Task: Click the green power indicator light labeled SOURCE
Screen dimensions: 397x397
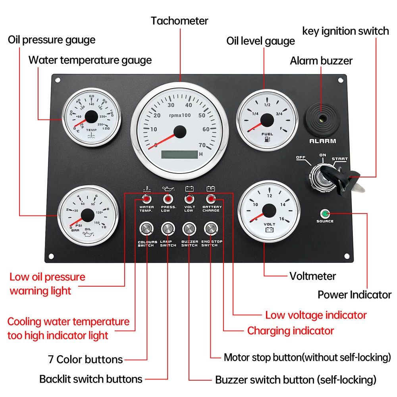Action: (326, 214)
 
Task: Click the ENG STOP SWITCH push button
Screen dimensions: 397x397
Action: (210, 229)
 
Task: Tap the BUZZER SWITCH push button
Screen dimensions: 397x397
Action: (189, 229)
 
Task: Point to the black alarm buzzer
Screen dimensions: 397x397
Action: (322, 118)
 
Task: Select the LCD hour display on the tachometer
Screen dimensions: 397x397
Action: (179, 155)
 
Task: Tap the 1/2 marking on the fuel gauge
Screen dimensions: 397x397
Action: (267, 105)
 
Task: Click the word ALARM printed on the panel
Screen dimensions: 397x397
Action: (323, 141)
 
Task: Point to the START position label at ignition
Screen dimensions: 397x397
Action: (339, 159)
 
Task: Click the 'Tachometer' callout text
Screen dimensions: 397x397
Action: (179, 21)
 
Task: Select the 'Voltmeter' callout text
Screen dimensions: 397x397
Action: (312, 276)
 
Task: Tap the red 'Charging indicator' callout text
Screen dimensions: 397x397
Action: (291, 331)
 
